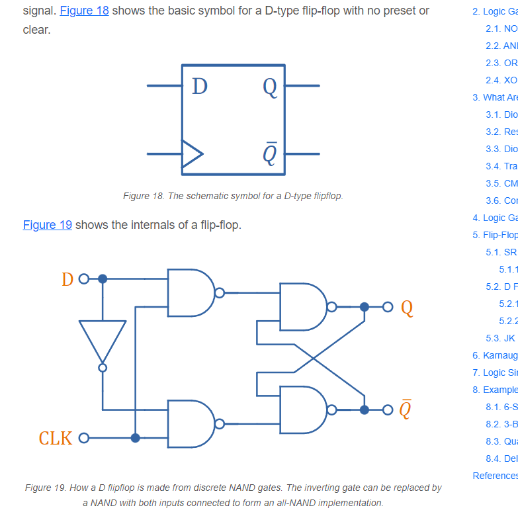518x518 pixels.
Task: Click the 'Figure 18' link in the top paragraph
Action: pos(84,11)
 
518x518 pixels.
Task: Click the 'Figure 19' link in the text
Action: pos(48,225)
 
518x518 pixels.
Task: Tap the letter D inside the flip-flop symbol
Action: pos(199,86)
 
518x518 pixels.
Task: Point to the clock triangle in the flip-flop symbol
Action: pos(191,153)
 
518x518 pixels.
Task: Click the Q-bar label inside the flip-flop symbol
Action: pos(269,153)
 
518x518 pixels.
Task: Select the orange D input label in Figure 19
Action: pos(67,279)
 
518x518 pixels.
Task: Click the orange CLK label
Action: pos(56,438)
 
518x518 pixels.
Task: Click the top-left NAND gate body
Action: pos(189,292)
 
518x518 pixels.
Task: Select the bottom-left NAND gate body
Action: pos(189,424)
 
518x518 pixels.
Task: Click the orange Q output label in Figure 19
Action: pos(407,308)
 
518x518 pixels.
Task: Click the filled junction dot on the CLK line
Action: pos(135,438)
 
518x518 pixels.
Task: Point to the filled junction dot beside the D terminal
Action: pos(102,279)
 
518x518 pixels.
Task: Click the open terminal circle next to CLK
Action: pos(83,438)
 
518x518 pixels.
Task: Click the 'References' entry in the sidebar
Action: pos(495,476)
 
